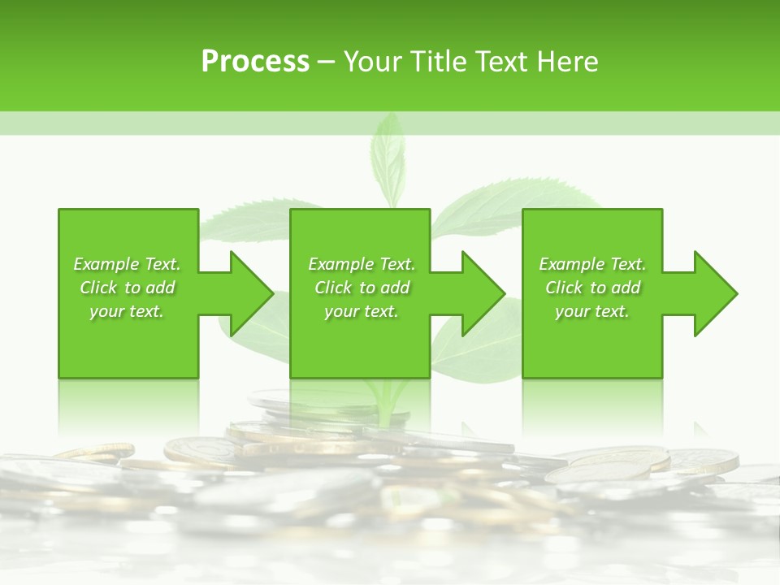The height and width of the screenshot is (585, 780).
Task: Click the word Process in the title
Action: [x=255, y=62]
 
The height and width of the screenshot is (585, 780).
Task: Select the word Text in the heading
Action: [x=500, y=62]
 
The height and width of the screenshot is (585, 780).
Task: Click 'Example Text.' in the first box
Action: [x=127, y=264]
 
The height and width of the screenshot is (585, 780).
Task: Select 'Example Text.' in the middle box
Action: [x=362, y=264]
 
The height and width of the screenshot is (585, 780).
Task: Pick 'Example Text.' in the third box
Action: [x=592, y=264]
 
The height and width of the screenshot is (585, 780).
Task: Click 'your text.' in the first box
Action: [x=127, y=311]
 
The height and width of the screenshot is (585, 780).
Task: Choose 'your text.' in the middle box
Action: [x=362, y=311]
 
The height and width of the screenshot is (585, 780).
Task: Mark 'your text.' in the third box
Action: [x=592, y=311]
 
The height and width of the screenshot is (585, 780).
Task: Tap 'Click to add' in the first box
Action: [x=127, y=288]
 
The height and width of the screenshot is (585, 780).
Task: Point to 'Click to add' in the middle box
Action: [x=362, y=288]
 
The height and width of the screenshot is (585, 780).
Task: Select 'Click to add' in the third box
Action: [x=592, y=288]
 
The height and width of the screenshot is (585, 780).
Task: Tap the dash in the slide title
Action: [x=326, y=63]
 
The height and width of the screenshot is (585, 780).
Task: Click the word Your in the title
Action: [x=370, y=62]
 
